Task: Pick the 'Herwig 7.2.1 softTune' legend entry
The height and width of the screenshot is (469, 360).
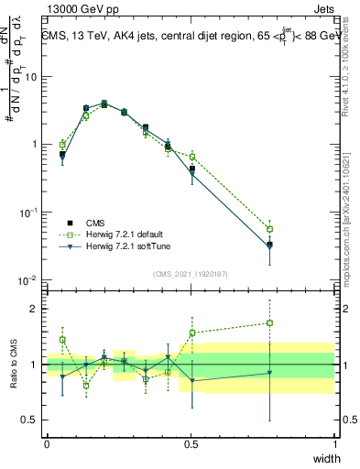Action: click(114, 246)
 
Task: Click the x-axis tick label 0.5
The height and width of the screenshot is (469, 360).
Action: click(191, 442)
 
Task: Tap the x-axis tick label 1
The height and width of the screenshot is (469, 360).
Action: click(334, 442)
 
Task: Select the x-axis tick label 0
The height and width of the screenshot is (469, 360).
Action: click(47, 442)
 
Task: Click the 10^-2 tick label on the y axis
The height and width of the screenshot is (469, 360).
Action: click(29, 280)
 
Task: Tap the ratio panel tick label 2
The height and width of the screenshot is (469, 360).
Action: click(36, 309)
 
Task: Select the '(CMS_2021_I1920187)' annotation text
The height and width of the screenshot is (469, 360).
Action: click(190, 274)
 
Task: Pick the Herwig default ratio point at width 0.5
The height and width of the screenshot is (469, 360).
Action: click(192, 333)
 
